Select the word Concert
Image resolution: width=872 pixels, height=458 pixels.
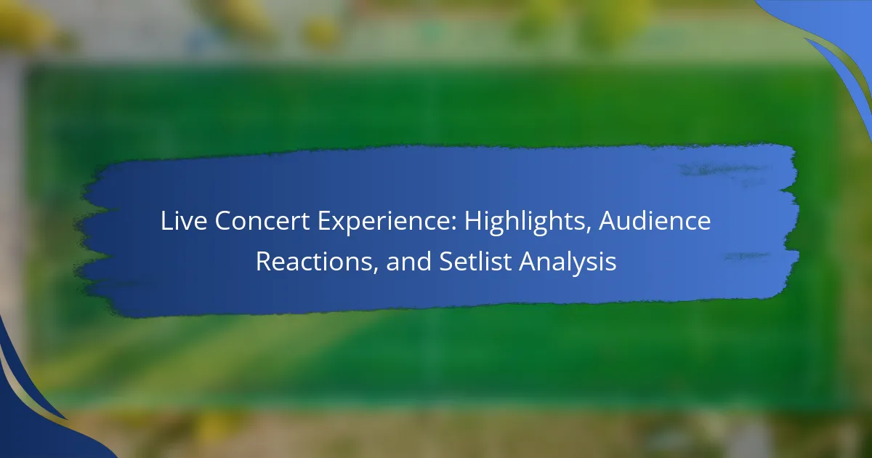click(262, 221)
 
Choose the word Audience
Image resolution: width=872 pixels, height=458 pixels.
click(655, 220)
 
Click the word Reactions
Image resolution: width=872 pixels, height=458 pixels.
click(313, 261)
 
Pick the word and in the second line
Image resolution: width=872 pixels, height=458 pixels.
click(408, 261)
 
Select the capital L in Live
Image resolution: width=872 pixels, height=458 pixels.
click(166, 221)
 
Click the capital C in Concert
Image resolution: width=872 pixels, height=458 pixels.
click(223, 221)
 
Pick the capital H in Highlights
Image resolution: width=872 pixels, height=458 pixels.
click(472, 221)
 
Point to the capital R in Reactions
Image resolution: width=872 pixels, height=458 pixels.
click(263, 261)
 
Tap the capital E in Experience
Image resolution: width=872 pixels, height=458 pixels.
click(324, 221)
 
